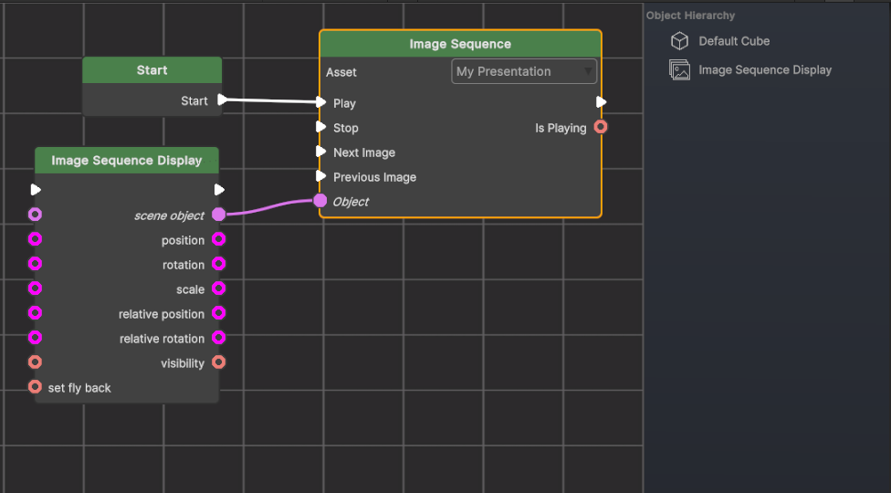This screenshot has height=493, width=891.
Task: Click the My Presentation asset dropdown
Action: point(524,71)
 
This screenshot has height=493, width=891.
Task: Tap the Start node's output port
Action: point(222,100)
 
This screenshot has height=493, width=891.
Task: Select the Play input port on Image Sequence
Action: point(321,102)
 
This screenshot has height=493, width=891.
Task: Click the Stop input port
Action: point(321,127)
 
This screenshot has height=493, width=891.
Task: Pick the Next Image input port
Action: point(321,152)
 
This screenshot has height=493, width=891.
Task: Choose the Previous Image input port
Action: point(321,176)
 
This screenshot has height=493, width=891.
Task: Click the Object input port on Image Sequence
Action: point(320,201)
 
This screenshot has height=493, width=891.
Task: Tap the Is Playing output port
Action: point(601,127)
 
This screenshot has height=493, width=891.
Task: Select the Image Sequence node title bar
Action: point(460,44)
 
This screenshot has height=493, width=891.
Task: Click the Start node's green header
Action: point(152,70)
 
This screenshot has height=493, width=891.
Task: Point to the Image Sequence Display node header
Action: point(127,161)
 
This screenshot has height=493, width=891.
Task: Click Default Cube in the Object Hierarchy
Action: point(734,41)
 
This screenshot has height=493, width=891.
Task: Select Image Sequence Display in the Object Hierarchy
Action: point(765,70)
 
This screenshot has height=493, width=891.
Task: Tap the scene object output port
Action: point(219,215)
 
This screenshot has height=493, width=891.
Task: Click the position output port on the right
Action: point(219,239)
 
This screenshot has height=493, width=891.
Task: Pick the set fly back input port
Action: point(36,387)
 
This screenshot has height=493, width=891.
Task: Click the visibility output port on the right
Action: point(219,362)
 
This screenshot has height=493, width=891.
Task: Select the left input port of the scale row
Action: point(36,288)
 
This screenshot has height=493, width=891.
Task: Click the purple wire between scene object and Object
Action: point(270,206)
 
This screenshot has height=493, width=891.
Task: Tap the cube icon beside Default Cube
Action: point(679,41)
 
